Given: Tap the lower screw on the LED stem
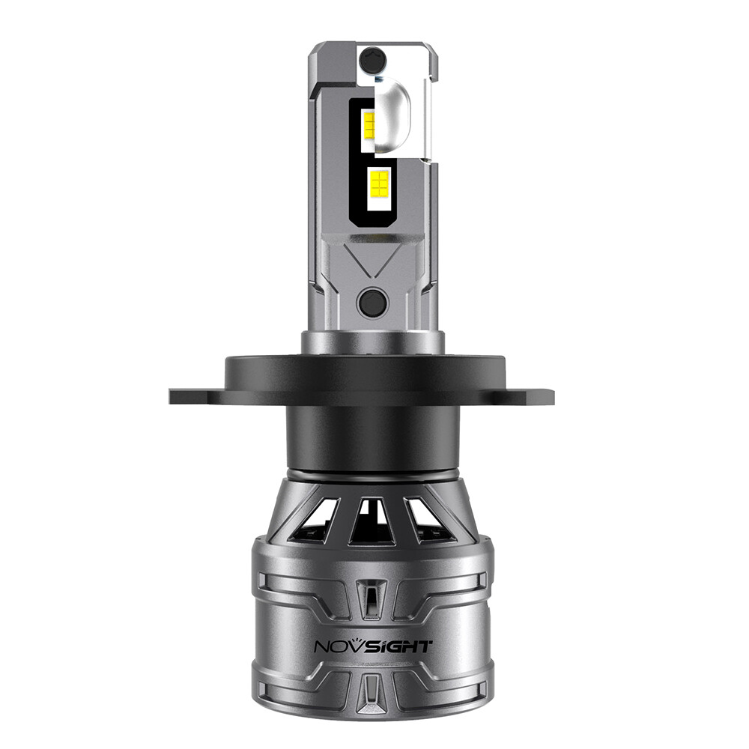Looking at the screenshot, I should point(372,303).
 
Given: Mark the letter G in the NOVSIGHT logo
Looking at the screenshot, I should point(397,646).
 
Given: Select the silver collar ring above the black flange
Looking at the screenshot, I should point(372,342).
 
